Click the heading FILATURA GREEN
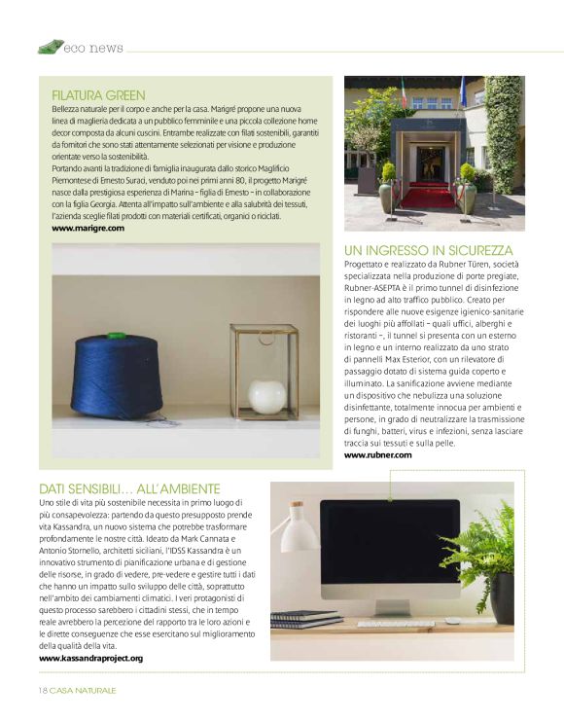coord(98,95)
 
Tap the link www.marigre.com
coord(88,228)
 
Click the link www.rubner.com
coord(377,454)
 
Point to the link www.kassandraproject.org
coord(90,659)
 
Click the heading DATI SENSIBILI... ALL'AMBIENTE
coord(129,487)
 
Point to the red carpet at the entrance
coord(428,198)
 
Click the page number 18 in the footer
coord(42,690)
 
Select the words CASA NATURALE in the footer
coord(83,690)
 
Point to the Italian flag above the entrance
coord(405,94)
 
